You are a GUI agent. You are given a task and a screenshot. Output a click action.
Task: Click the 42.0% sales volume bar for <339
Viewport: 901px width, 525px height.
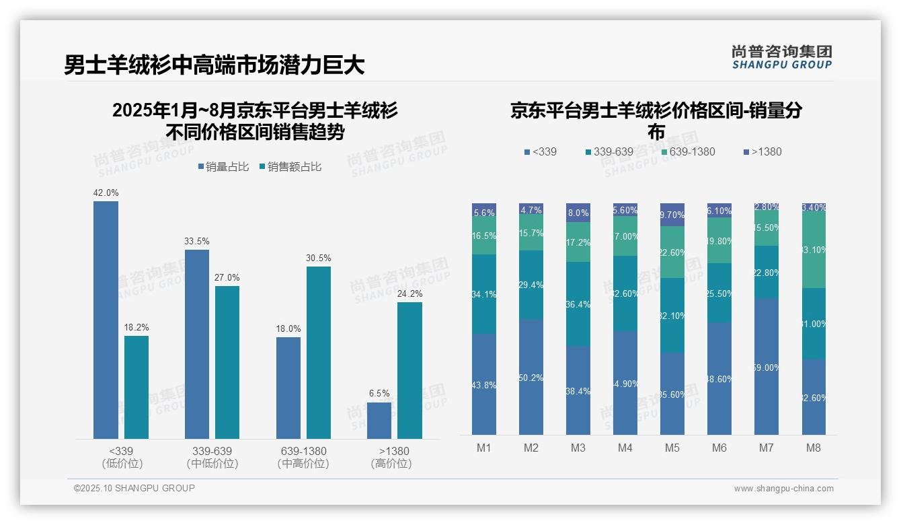[106, 320]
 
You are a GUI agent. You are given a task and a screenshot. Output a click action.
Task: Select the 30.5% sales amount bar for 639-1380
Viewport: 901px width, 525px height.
[319, 353]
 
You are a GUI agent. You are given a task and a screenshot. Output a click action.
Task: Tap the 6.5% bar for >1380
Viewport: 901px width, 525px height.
[379, 421]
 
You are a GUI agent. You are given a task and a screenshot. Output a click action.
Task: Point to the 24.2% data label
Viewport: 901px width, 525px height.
[409, 293]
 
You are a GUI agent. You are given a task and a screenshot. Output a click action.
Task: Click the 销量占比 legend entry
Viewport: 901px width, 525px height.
[223, 167]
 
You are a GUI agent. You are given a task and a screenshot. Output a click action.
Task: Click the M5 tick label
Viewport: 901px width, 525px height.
[672, 448]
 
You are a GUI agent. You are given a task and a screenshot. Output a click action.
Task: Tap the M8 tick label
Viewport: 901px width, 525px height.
[814, 448]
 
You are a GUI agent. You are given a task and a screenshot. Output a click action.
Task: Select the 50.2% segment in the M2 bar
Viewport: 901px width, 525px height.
[531, 377]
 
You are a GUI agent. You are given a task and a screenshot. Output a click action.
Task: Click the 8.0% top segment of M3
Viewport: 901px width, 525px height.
[578, 213]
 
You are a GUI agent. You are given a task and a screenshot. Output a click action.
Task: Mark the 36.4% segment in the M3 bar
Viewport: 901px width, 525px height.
[578, 304]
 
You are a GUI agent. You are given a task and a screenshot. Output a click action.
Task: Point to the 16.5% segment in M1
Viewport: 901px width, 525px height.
[484, 236]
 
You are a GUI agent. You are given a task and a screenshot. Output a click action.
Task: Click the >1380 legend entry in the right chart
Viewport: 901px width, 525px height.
[762, 152]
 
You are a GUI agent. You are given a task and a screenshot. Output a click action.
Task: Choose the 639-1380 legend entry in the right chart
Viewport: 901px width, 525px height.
[687, 152]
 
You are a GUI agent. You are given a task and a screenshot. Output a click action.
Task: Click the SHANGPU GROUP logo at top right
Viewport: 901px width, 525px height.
[781, 57]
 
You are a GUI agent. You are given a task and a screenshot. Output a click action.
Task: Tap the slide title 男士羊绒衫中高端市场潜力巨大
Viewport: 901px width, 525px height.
[214, 65]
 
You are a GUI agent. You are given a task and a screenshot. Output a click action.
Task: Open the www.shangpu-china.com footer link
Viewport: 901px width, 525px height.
[783, 489]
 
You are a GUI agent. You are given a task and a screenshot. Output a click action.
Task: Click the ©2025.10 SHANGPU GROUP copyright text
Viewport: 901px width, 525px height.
[134, 488]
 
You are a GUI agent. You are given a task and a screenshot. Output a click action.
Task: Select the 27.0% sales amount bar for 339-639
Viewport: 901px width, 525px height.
[227, 362]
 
